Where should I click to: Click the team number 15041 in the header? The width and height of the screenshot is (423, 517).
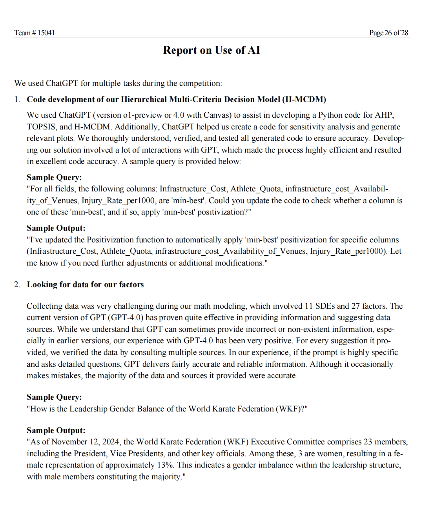tap(46, 33)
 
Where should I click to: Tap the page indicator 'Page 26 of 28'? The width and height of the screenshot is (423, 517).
tap(388, 33)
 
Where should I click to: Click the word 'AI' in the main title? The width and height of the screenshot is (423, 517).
tap(254, 50)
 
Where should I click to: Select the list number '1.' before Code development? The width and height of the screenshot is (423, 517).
tap(17, 99)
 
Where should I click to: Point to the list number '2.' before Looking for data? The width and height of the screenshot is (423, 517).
tap(17, 284)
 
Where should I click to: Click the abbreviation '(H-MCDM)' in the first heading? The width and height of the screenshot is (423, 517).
tap(304, 99)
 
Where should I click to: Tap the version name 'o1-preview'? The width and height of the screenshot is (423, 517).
tap(143, 115)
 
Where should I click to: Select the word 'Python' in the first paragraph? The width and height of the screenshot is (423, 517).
tap(330, 115)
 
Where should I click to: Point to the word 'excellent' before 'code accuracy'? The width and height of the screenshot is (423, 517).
tap(51, 161)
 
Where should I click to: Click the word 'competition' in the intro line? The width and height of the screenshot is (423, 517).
tap(202, 83)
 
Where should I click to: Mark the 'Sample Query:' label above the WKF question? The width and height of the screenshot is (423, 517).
tap(54, 397)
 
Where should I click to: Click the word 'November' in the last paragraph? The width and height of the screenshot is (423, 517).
tap(69, 442)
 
